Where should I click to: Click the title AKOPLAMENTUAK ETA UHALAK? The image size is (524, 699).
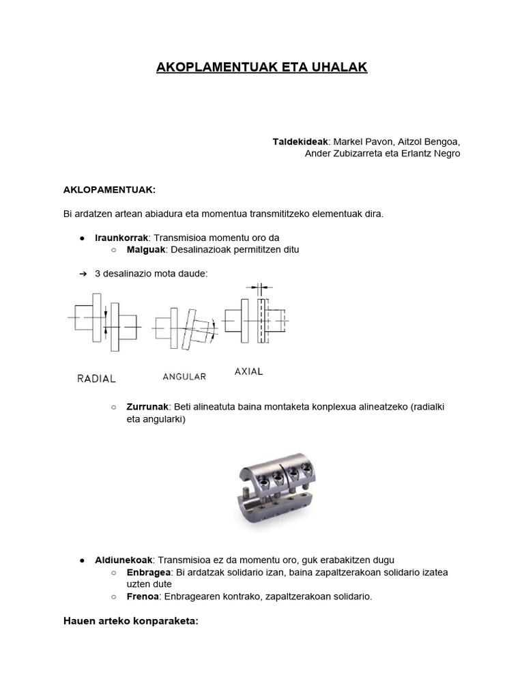[262, 68]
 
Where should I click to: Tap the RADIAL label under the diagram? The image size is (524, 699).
[96, 378]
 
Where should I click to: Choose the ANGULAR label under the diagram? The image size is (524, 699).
[184, 376]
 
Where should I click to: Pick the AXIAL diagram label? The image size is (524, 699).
[248, 372]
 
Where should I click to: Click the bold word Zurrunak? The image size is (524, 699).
[147, 407]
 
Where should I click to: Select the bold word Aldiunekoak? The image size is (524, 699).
[123, 560]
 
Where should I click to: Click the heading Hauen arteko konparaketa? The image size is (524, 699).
[130, 621]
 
